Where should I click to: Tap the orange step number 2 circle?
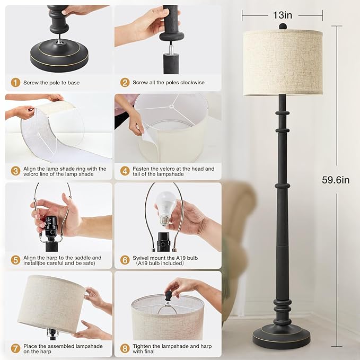pos(125,83)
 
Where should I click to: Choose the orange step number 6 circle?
pos(125,260)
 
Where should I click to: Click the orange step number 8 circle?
pos(125,348)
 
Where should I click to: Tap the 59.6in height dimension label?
pos(336,180)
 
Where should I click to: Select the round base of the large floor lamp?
pos(282,337)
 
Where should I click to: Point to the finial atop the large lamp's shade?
pos(283,26)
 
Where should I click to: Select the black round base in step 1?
pos(59,58)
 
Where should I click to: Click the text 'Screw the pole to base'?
pos(51,83)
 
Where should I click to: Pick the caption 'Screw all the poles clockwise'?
pos(168,83)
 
